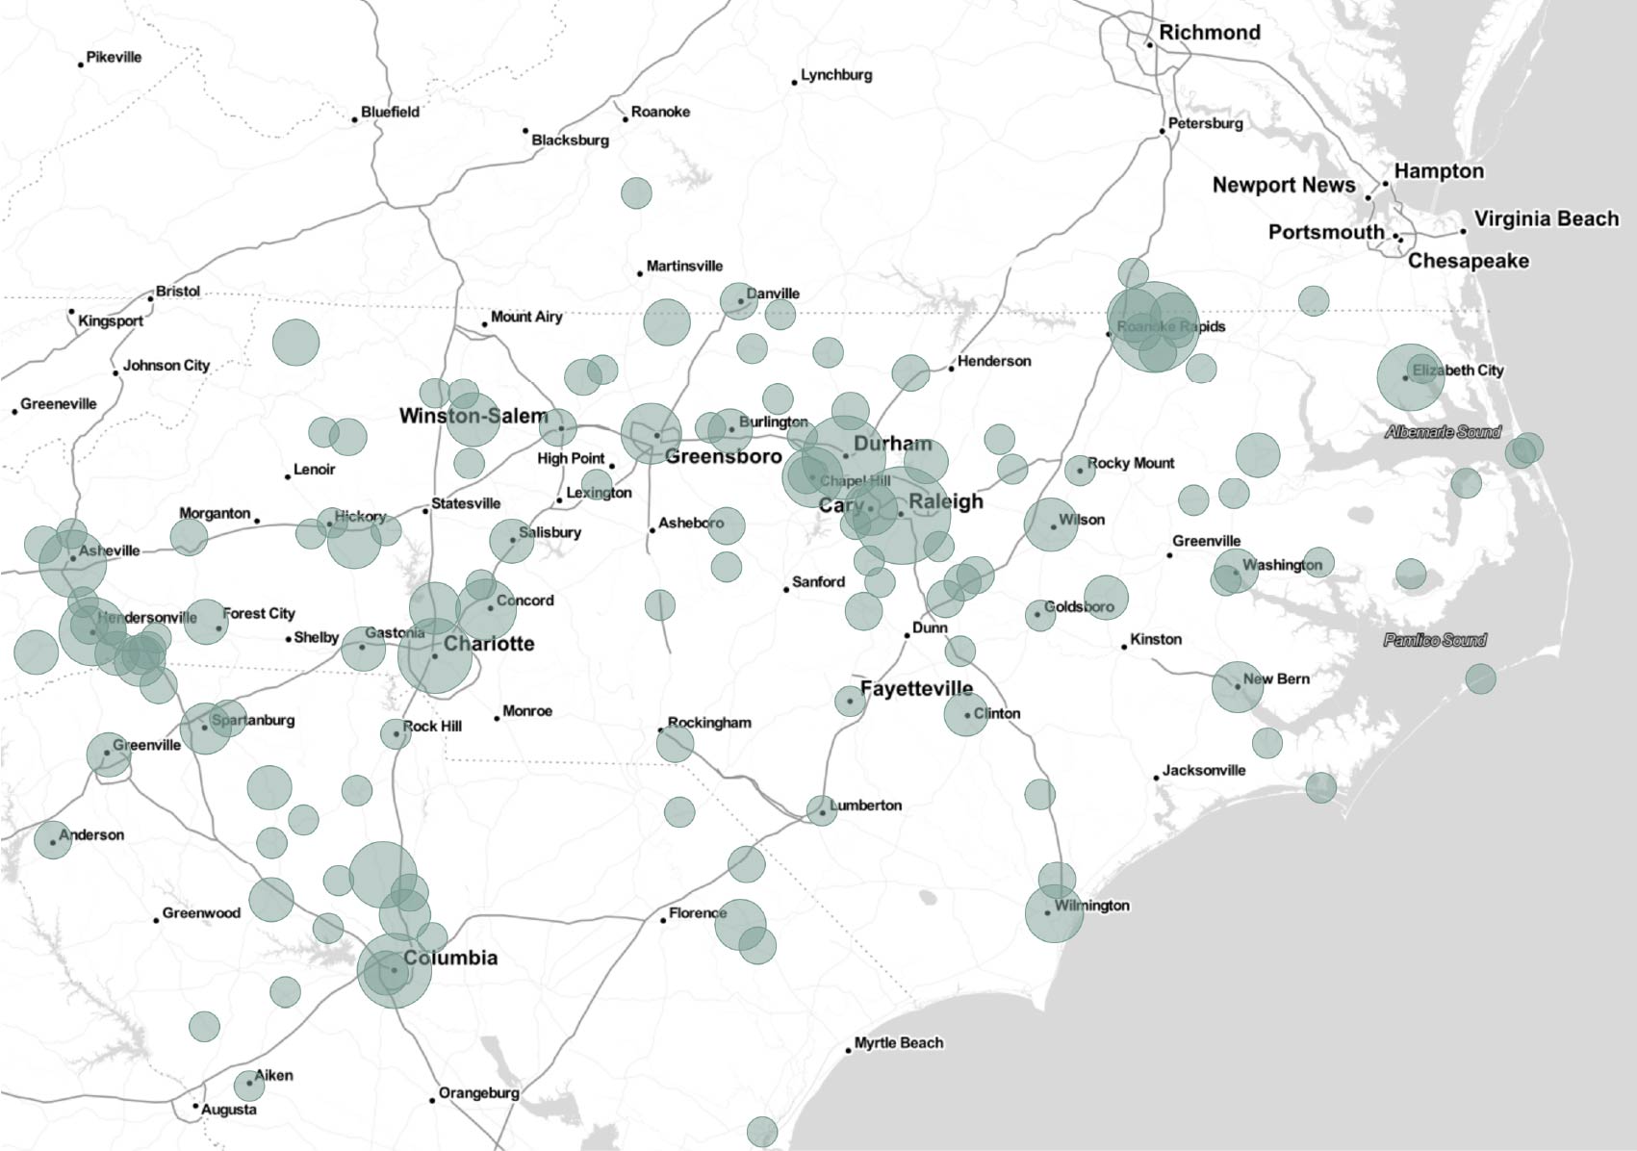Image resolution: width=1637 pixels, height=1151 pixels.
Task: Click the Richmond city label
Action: pos(1209,33)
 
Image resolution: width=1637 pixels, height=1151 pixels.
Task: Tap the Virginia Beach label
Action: pos(1546,219)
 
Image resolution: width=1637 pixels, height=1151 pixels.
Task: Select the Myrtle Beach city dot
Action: pos(849,1050)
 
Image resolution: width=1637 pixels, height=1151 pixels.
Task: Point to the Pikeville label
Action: pos(114,58)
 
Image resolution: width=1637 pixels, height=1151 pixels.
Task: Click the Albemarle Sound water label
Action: pos(1443,432)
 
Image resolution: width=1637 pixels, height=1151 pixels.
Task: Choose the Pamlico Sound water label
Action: pos(1435,640)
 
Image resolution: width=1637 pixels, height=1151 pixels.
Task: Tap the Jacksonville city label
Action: pos(1203,771)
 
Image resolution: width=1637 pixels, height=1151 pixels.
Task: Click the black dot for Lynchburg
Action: pos(795,83)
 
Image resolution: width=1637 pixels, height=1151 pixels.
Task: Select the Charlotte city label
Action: pos(489,644)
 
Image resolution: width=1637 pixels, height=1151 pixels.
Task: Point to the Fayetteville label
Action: pos(916,689)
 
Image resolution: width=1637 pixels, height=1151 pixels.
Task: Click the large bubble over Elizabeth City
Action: pos(1411,377)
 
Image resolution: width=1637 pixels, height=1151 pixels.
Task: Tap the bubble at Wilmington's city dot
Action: pos(1054,913)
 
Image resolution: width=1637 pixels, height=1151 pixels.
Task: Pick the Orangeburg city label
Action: pos(478,1093)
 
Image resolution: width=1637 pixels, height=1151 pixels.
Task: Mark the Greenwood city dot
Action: pos(156,921)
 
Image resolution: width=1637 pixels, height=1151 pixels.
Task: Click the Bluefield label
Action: pos(390,113)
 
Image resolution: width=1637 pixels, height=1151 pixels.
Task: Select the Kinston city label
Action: pos(1156,640)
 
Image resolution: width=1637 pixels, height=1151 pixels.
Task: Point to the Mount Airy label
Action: pos(525,317)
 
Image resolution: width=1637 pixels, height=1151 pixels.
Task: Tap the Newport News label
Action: pos(1283,186)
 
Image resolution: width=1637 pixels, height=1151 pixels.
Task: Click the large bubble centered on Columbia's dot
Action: pos(394,970)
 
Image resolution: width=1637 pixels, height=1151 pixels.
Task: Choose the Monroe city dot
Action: pos(497,718)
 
